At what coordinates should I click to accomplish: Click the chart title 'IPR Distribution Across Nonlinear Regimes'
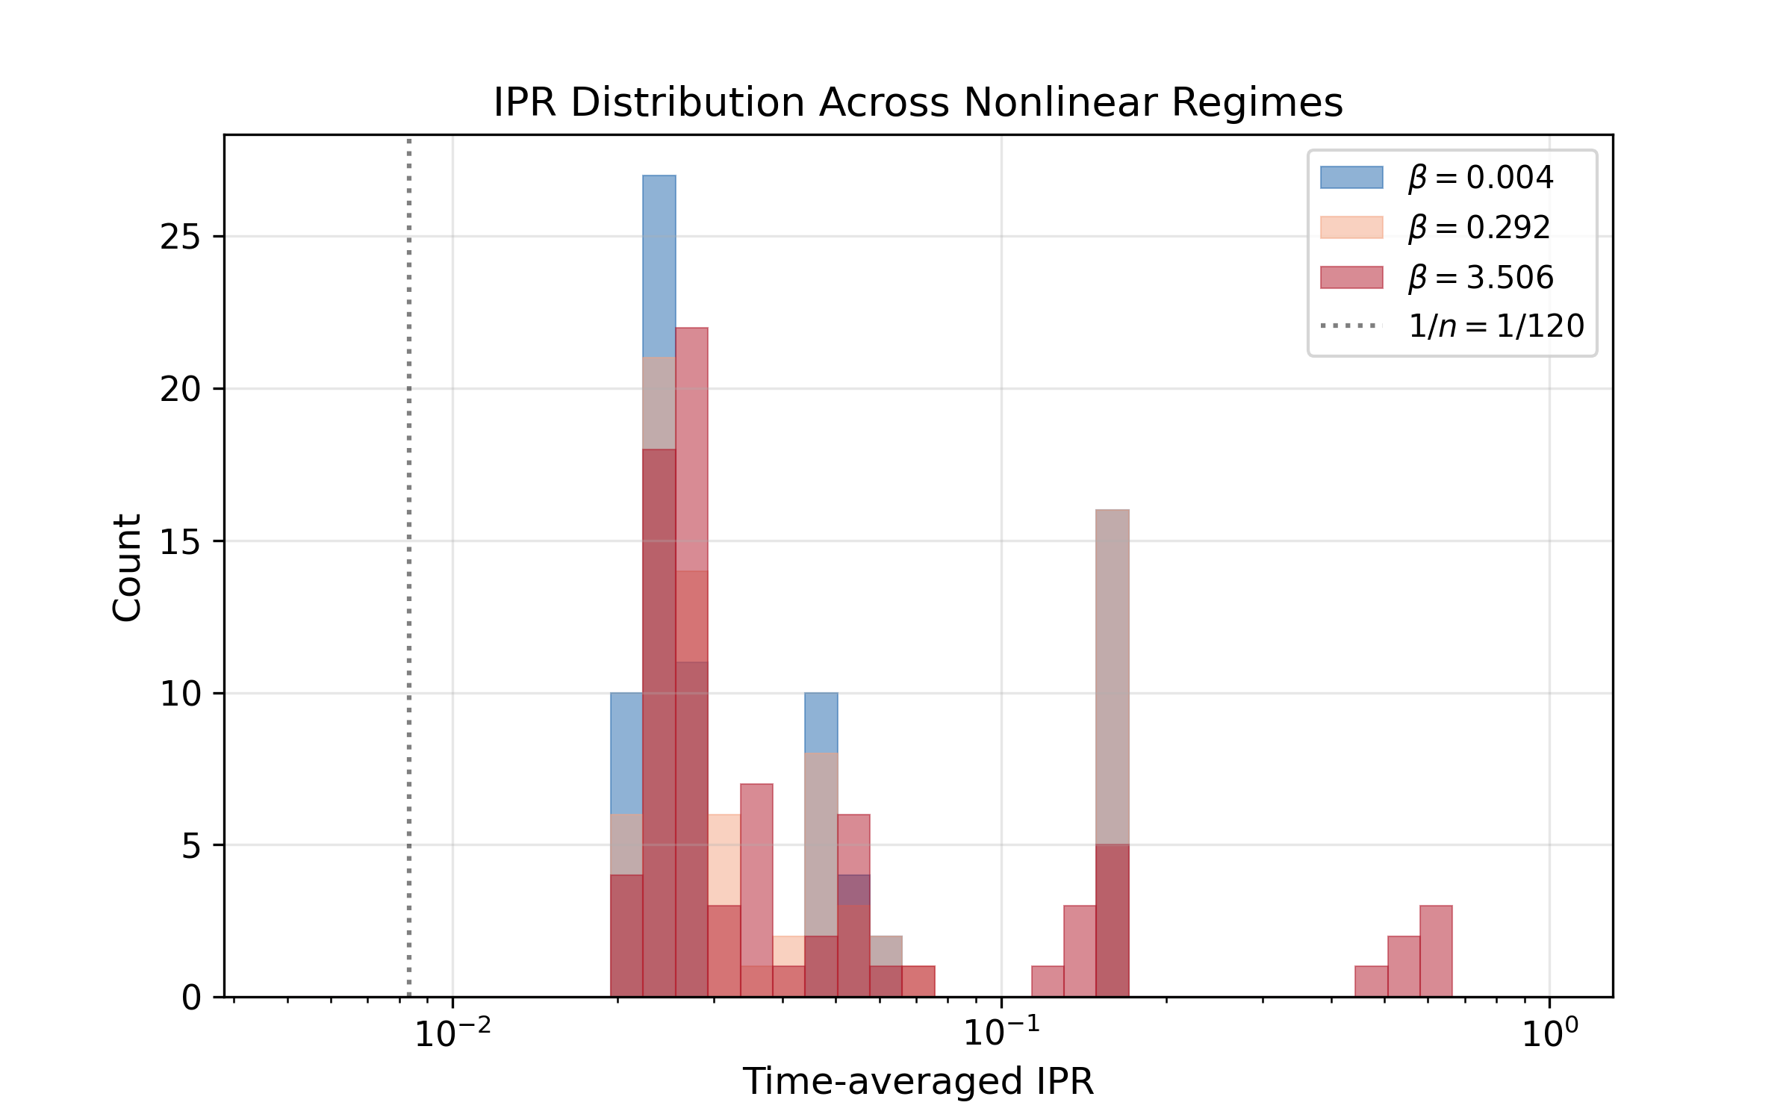click(918, 102)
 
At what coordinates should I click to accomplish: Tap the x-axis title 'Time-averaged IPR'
click(918, 1081)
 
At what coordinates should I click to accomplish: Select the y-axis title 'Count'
click(127, 567)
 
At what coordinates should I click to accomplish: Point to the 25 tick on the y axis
click(181, 237)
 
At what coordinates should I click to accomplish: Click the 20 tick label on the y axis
click(181, 389)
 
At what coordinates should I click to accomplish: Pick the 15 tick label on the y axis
click(181, 541)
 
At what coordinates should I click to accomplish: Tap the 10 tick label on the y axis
click(181, 694)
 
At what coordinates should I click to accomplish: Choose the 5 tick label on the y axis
click(191, 845)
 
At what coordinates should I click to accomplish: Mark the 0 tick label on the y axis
click(191, 998)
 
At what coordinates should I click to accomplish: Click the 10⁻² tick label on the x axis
click(452, 1033)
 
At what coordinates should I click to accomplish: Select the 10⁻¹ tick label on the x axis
click(1001, 1033)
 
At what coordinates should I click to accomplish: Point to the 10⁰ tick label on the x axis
click(1550, 1033)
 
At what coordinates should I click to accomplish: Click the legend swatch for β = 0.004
click(1351, 178)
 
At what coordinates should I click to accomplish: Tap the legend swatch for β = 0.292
click(1351, 227)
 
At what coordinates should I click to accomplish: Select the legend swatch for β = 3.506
click(1351, 277)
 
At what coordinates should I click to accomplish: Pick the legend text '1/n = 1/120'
click(1496, 326)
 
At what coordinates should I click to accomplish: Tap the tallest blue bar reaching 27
click(659, 261)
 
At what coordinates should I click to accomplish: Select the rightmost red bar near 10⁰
click(1436, 951)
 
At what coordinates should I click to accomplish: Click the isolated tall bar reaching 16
click(1113, 672)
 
